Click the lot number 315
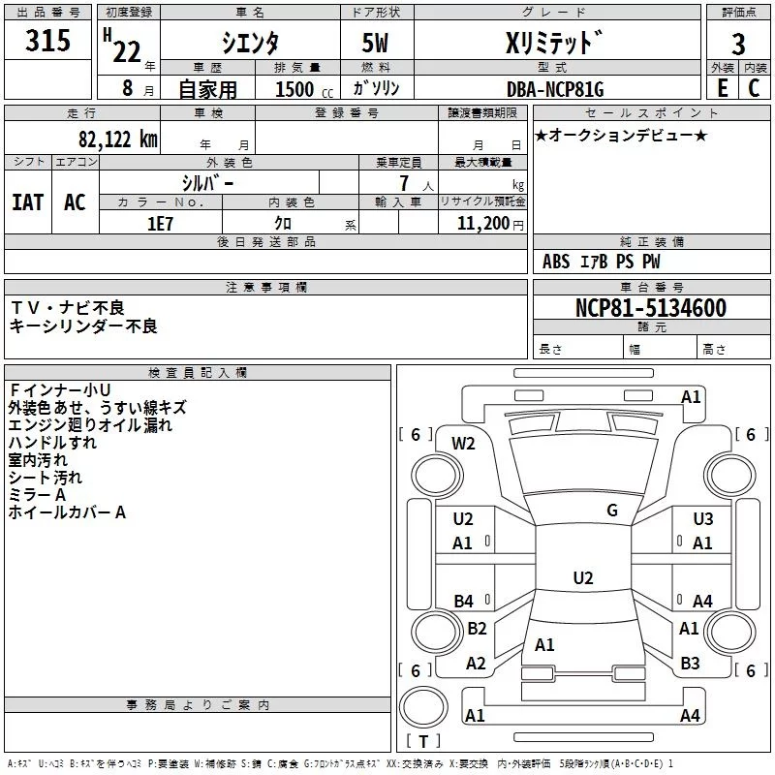[x=47, y=40]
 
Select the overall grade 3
[x=738, y=44]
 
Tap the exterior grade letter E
[x=722, y=87]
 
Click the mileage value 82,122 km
[x=118, y=139]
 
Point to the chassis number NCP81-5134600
[x=651, y=307]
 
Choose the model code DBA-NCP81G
[x=555, y=89]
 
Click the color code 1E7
[x=160, y=224]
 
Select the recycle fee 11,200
[x=482, y=224]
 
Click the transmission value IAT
[x=28, y=202]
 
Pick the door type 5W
[x=375, y=43]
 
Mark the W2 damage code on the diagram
[x=463, y=444]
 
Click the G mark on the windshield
[x=612, y=510]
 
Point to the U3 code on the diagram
[x=703, y=518]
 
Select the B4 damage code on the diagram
[x=464, y=601]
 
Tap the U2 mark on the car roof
[x=583, y=577]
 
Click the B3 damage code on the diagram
[x=690, y=663]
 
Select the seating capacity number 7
[x=404, y=183]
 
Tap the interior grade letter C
[x=754, y=87]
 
